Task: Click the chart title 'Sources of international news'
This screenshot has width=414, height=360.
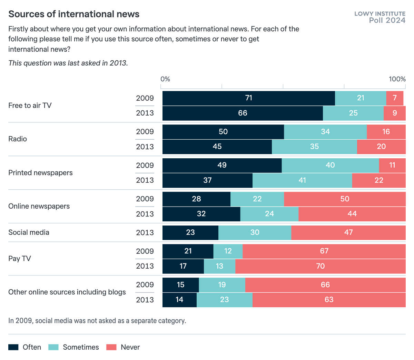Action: [x=74, y=14]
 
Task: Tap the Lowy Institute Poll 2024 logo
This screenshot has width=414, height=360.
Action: [x=380, y=17]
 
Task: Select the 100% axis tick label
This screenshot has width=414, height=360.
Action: [x=397, y=79]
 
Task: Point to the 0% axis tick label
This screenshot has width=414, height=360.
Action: [x=165, y=79]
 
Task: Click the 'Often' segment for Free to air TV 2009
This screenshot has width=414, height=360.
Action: [x=248, y=98]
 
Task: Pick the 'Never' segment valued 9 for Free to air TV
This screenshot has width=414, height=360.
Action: [x=394, y=113]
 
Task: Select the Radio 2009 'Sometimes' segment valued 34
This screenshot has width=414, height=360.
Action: [x=325, y=132]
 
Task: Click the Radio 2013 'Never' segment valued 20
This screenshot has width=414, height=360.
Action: [x=381, y=147]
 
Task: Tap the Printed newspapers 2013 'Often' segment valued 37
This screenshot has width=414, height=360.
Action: [x=207, y=180]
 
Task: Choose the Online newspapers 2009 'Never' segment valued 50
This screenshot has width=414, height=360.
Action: [x=345, y=199]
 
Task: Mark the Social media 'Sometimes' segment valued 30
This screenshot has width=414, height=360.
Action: [x=255, y=232]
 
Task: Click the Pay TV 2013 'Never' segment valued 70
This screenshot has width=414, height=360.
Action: [x=320, y=266]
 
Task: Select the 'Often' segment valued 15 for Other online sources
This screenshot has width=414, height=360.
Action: [x=180, y=285]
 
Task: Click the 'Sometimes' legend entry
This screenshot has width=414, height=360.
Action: [x=74, y=347]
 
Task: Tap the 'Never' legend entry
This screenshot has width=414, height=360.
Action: [x=123, y=347]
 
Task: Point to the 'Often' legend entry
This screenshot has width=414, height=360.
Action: [x=25, y=347]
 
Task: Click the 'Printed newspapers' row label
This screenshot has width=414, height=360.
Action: [x=40, y=173]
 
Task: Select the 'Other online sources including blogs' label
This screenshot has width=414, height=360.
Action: [x=67, y=292]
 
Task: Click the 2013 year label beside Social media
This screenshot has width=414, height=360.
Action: [x=145, y=232]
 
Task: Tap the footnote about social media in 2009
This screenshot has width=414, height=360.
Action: [x=97, y=321]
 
